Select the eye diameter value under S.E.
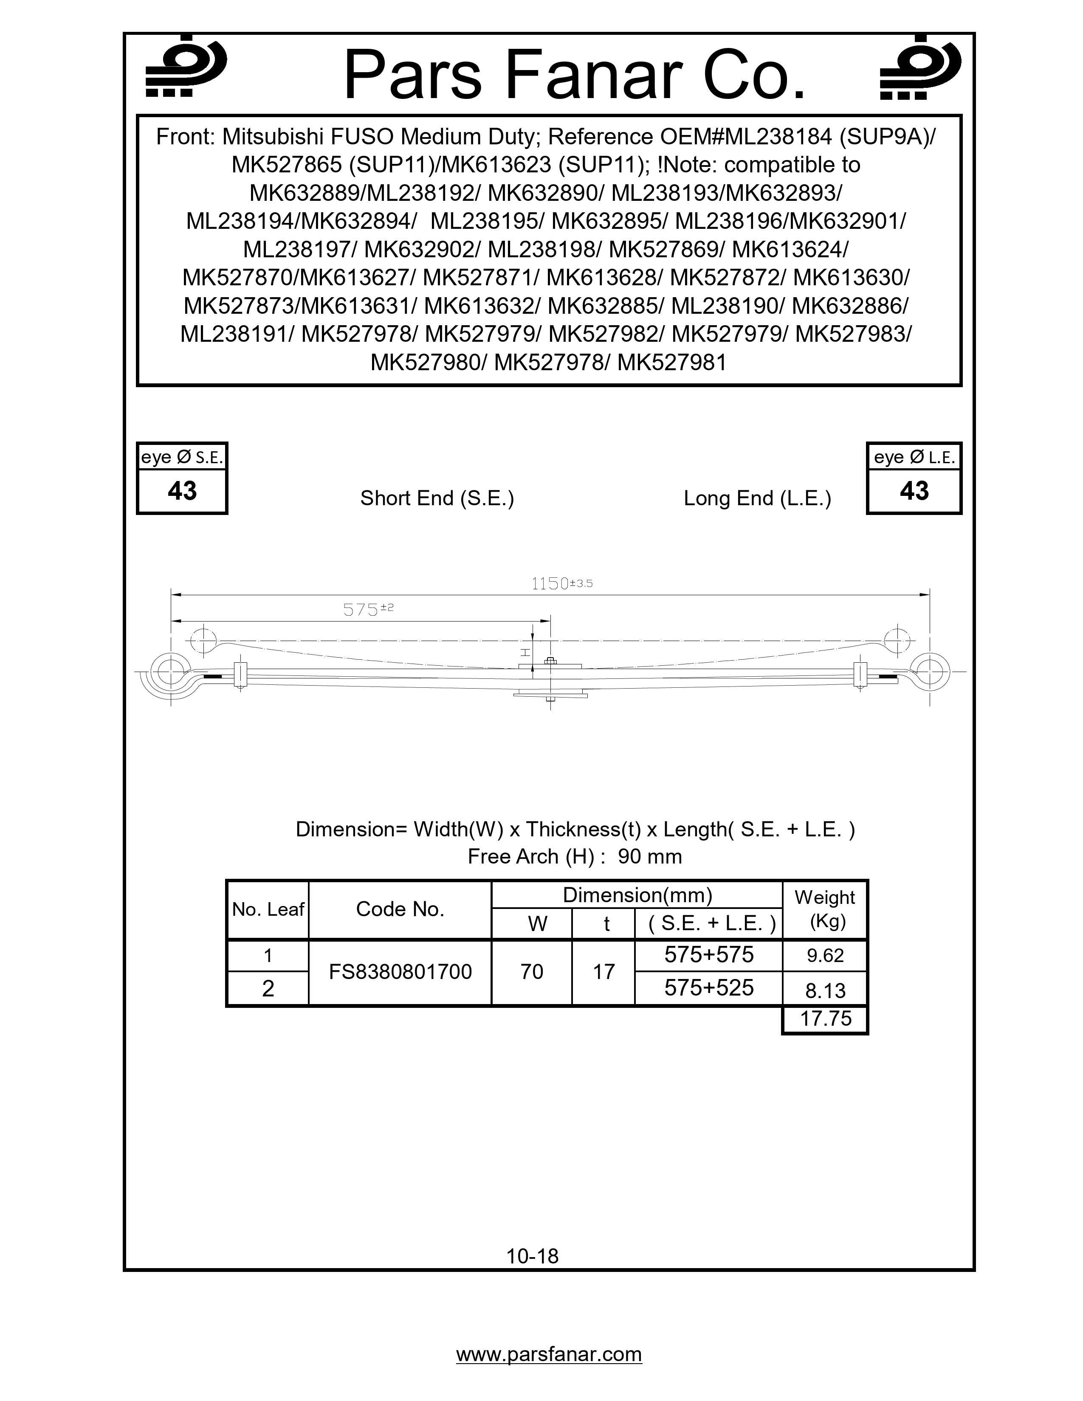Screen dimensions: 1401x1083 tap(182, 491)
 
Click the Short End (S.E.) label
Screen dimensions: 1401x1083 tap(437, 498)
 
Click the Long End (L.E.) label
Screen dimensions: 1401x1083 tap(757, 498)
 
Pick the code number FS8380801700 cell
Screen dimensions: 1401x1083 tap(400, 972)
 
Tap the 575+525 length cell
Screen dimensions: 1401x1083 tap(708, 988)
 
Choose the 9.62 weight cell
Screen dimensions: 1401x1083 tap(825, 956)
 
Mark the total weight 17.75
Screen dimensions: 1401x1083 tap(826, 1018)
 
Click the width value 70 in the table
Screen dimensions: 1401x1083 tap(532, 972)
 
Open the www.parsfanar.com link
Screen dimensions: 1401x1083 tap(549, 1354)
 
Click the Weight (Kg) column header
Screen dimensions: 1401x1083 tap(825, 910)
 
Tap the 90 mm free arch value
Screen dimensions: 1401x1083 tap(649, 856)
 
